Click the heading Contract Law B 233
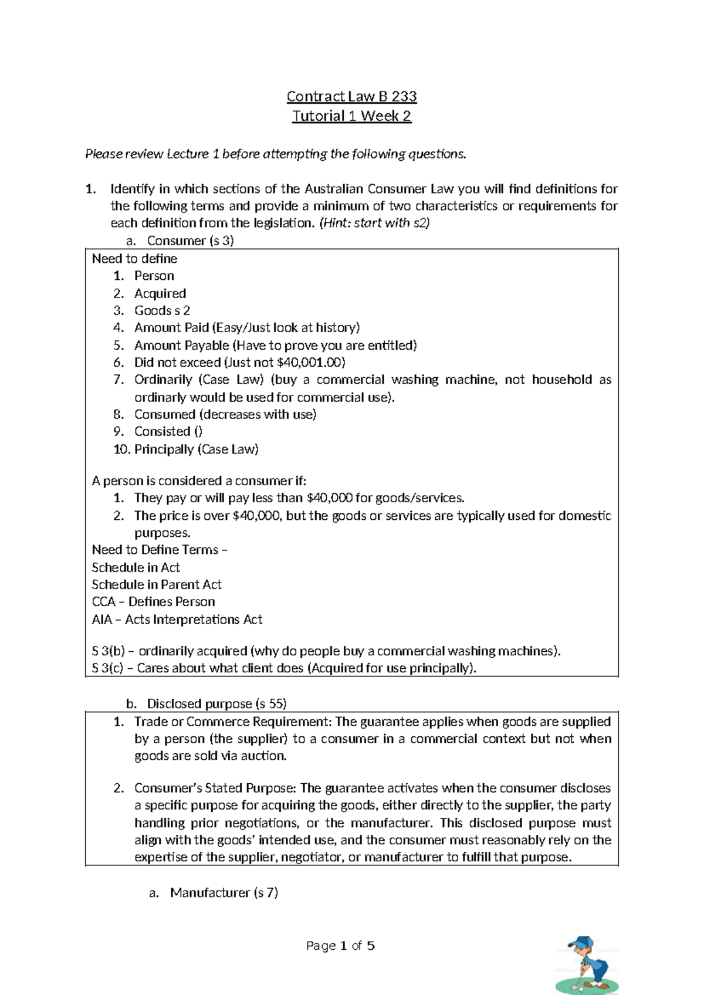(351, 96)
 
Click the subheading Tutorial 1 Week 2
(351, 116)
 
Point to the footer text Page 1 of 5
(340, 946)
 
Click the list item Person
(154, 276)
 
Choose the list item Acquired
(160, 293)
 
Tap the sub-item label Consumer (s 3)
(190, 241)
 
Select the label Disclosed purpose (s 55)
(216, 703)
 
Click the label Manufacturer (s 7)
(224, 892)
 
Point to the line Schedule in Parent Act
(157, 584)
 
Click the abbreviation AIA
(102, 620)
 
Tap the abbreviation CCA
(103, 602)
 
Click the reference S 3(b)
(107, 651)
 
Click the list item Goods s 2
(162, 310)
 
